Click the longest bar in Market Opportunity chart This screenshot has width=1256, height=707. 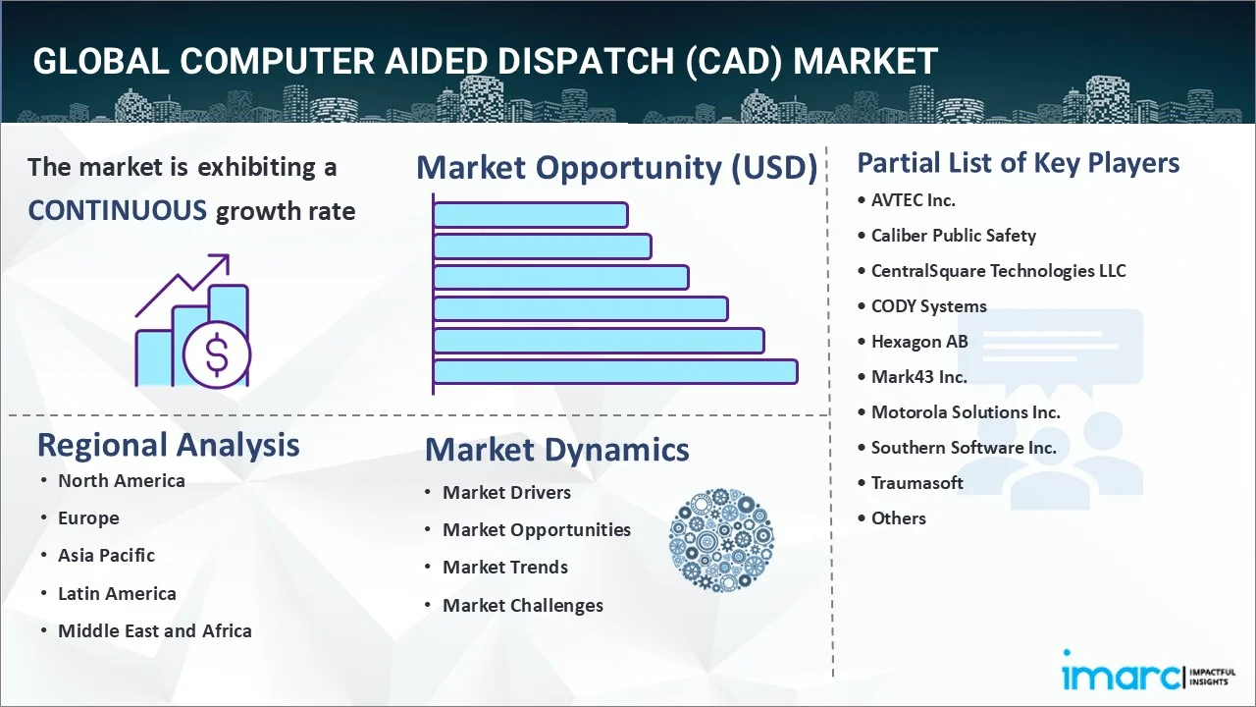(x=615, y=372)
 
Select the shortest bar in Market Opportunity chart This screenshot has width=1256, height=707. (x=530, y=215)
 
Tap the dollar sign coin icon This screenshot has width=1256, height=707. (x=217, y=354)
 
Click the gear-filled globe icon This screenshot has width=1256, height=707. (x=721, y=540)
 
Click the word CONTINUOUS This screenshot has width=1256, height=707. (x=117, y=210)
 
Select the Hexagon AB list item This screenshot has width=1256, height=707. (x=919, y=342)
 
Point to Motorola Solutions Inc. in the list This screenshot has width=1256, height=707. (x=966, y=412)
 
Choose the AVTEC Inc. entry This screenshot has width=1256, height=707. (x=913, y=200)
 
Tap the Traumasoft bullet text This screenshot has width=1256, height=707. (x=916, y=483)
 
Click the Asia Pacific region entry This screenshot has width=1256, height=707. (x=106, y=556)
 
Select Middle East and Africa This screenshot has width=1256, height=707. (x=154, y=631)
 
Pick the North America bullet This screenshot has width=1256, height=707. (x=121, y=481)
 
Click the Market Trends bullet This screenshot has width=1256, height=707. (x=504, y=568)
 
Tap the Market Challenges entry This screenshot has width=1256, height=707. (x=522, y=606)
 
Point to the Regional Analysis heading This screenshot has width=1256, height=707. (x=168, y=445)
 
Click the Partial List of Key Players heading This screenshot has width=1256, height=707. (x=1018, y=163)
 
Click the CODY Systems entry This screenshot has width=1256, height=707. (x=928, y=306)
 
